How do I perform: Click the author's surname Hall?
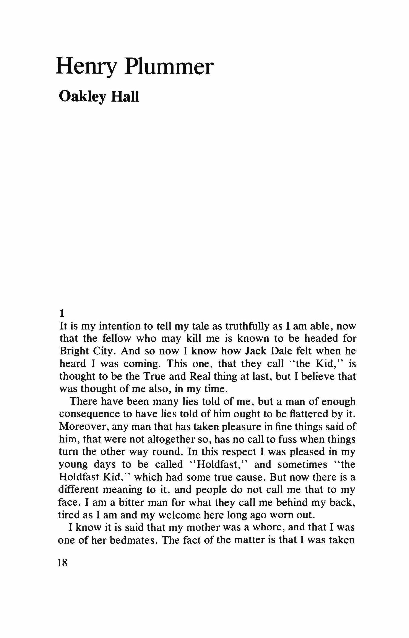point(125,97)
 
